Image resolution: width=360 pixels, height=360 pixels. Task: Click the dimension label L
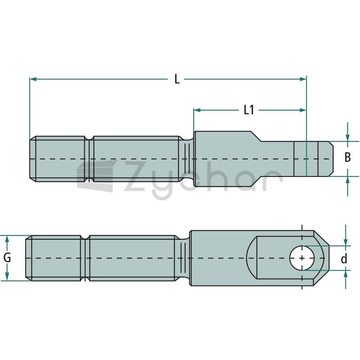point(177,80)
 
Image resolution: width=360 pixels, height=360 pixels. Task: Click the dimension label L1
point(249,110)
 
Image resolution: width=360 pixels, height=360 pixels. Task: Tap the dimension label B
point(347,157)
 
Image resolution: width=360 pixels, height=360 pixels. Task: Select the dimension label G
point(7,257)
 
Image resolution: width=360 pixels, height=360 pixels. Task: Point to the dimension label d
point(344,259)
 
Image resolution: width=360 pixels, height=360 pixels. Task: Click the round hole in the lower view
point(302,258)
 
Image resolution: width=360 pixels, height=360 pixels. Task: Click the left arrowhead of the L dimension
point(33,79)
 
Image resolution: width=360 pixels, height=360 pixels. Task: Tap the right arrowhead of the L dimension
point(303,79)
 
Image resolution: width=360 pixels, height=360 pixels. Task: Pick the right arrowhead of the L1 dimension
point(303,110)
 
